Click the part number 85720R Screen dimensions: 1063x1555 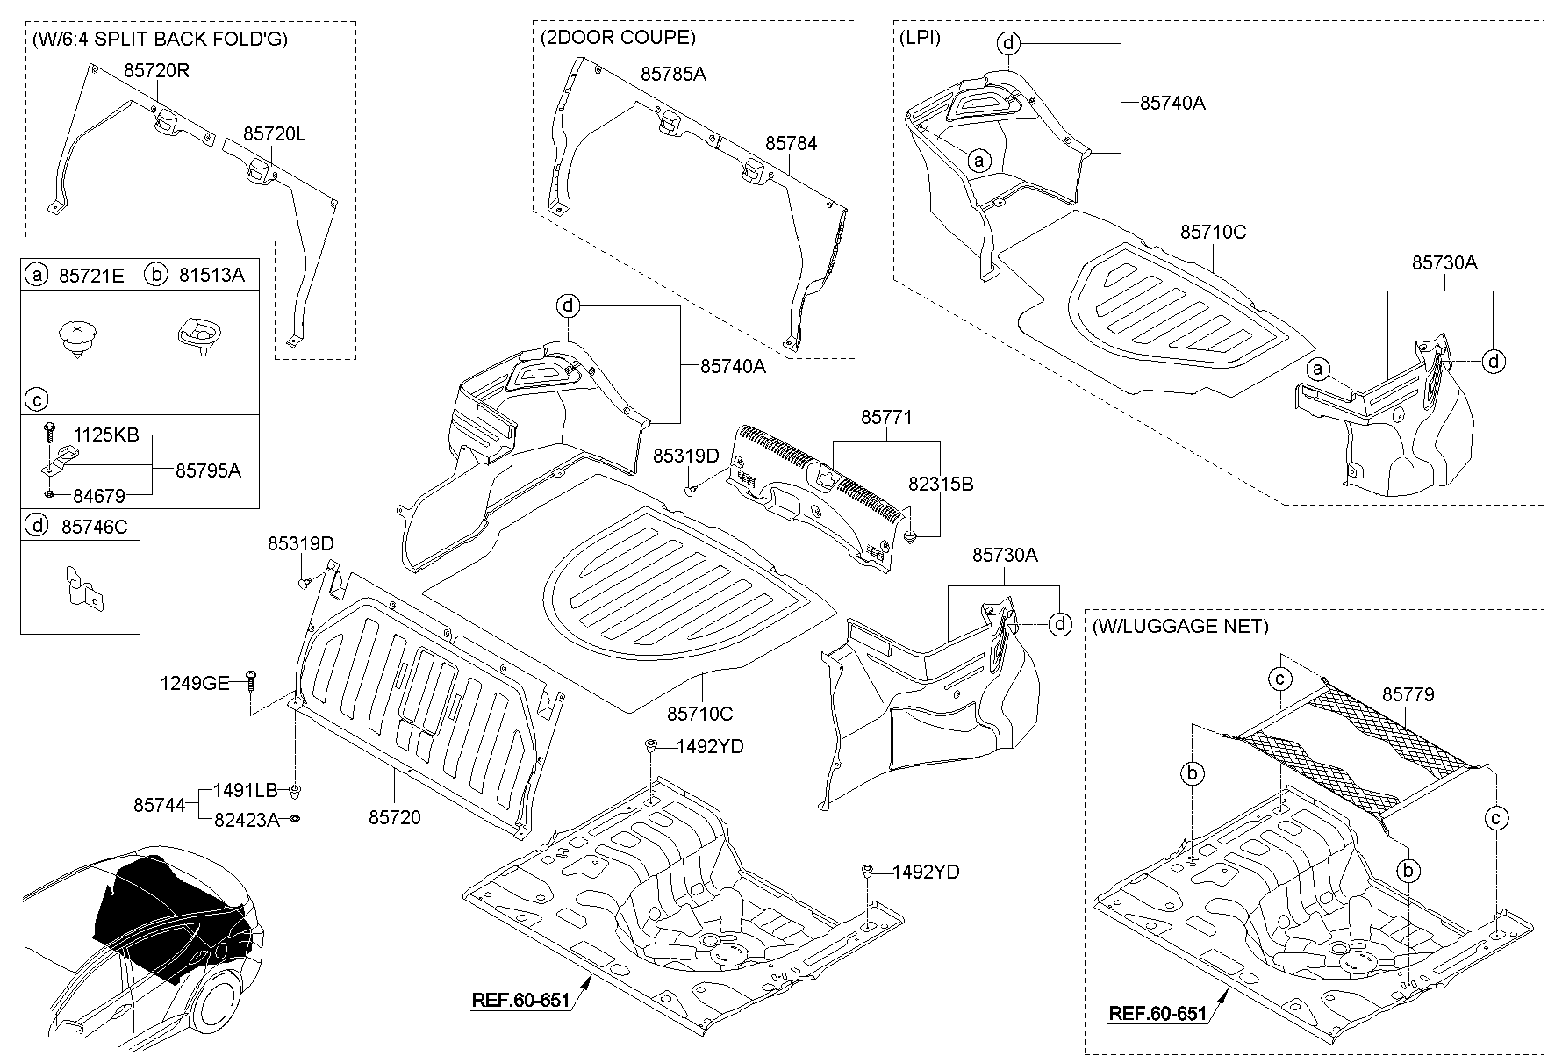156,71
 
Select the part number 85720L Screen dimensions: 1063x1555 275,133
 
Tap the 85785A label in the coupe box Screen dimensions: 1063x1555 673,74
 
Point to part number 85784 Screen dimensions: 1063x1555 791,142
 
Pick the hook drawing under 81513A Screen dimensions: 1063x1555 200,334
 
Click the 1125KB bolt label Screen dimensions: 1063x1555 106,435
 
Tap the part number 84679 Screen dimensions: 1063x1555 98,496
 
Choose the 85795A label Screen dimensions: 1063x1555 208,470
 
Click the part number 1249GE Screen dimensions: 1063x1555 194,682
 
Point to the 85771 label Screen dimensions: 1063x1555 886,418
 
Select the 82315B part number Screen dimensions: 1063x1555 941,484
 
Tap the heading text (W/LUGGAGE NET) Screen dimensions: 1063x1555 1180,626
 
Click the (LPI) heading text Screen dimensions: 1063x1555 919,38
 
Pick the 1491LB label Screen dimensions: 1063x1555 245,790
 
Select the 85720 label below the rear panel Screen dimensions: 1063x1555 394,817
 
